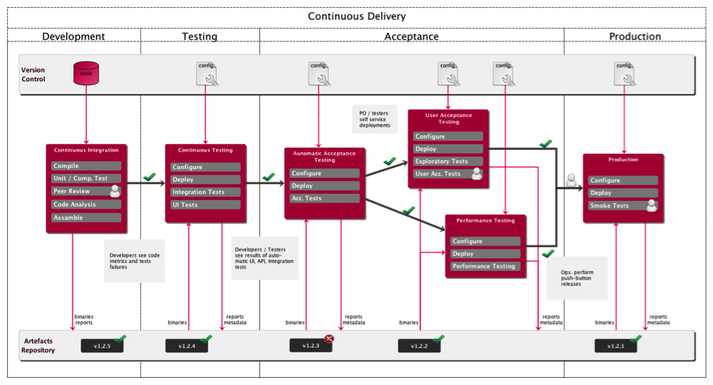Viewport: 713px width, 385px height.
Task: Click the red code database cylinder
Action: (86, 73)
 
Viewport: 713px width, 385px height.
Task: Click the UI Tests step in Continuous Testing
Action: (205, 205)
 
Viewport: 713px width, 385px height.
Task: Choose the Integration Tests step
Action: (205, 192)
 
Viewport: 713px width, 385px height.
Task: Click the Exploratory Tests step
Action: (447, 161)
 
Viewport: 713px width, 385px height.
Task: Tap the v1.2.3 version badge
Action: (310, 345)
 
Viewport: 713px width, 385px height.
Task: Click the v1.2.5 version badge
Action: (101, 345)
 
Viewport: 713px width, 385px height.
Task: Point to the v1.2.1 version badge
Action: (615, 345)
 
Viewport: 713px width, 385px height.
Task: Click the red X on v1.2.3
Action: (329, 339)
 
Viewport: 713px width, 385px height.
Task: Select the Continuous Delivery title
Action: (356, 16)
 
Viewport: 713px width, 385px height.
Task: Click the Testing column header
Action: (199, 37)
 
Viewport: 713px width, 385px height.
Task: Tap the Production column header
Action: (635, 37)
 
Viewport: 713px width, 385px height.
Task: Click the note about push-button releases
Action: (577, 277)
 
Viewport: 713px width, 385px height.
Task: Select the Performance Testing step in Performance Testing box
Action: (485, 266)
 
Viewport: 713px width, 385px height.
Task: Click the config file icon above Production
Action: (623, 73)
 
